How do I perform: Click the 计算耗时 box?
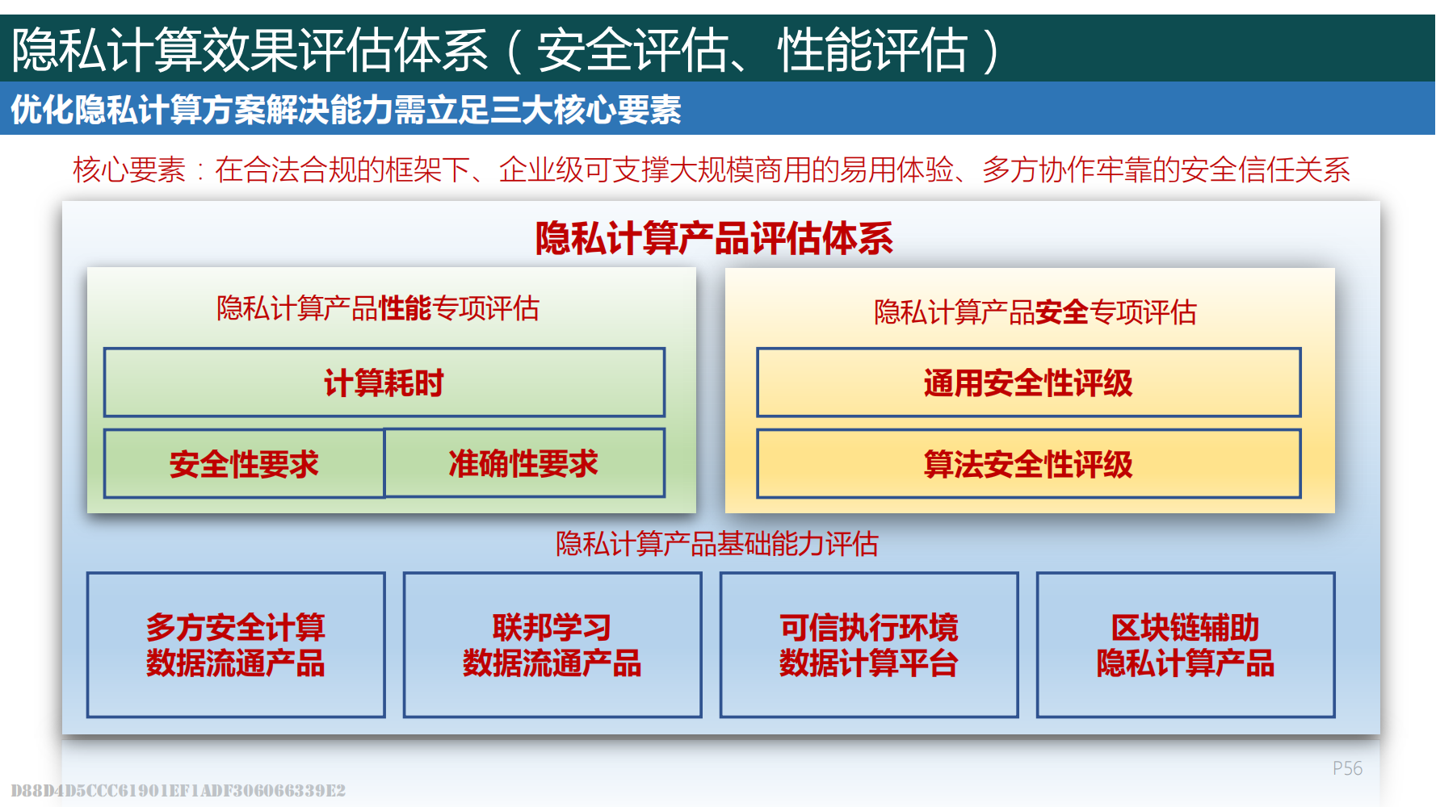384,383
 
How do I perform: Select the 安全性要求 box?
244,463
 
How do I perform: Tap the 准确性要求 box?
524,463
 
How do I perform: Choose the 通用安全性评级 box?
1028,383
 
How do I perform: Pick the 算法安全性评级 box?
1028,463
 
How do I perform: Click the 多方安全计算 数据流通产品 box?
236,645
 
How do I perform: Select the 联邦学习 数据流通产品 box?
552,645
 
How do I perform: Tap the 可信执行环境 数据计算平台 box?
869,645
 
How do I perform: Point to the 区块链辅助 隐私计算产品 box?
1186,645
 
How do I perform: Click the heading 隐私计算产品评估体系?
714,238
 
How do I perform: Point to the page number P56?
1347,768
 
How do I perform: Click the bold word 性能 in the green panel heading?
405,308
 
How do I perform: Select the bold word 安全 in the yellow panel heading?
1062,312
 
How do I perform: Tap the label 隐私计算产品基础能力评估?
717,544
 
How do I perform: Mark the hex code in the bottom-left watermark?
178,790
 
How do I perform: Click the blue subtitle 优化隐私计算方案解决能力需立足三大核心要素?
346,110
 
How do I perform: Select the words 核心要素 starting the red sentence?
129,170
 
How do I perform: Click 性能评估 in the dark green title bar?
872,50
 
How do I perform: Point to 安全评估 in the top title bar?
632,50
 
